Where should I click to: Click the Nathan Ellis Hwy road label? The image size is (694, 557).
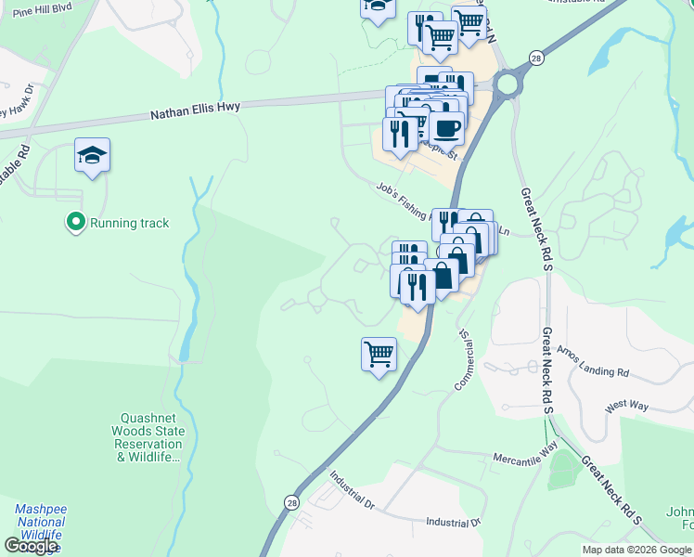coord(196,109)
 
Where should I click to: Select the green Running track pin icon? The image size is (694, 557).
coord(74,223)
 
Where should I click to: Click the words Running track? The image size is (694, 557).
coord(129,223)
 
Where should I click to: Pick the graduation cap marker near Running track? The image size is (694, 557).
coord(93,155)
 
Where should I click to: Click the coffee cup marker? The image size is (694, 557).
coord(446,128)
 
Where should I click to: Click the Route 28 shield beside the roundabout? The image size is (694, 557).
coord(536,59)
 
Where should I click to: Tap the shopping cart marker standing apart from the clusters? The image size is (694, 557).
coord(379,355)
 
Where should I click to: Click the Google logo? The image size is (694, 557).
coord(31,546)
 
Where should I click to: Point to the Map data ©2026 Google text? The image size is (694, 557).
coord(637,550)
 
